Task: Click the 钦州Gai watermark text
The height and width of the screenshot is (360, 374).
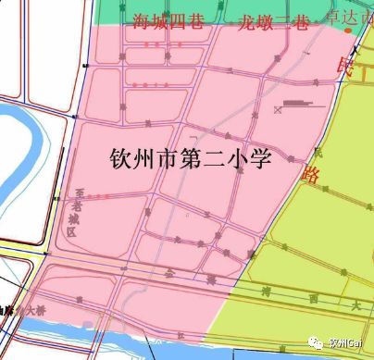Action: [x=348, y=341]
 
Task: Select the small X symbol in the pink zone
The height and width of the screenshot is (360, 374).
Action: [x=278, y=110]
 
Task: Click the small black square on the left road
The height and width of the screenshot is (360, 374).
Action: [x=85, y=65]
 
